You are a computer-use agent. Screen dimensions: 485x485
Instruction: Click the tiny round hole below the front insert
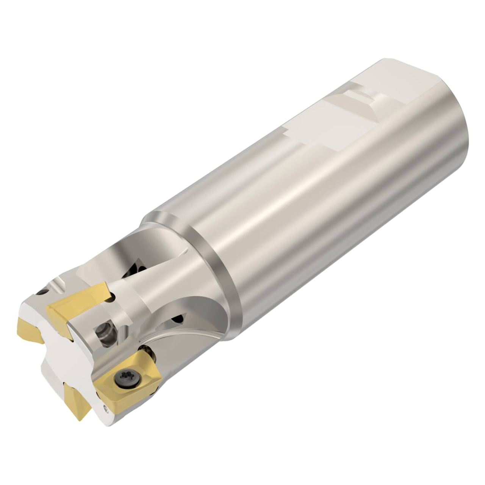pyautogui.click(x=105, y=407)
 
